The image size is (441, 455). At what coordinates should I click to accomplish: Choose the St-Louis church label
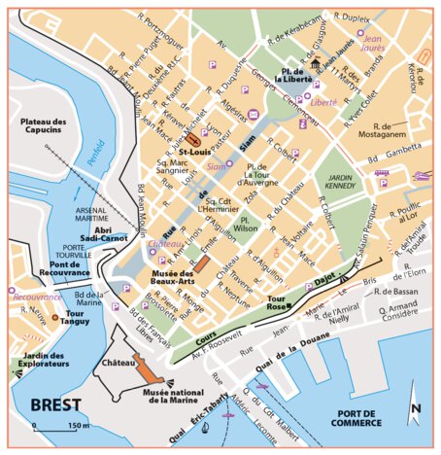196,152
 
